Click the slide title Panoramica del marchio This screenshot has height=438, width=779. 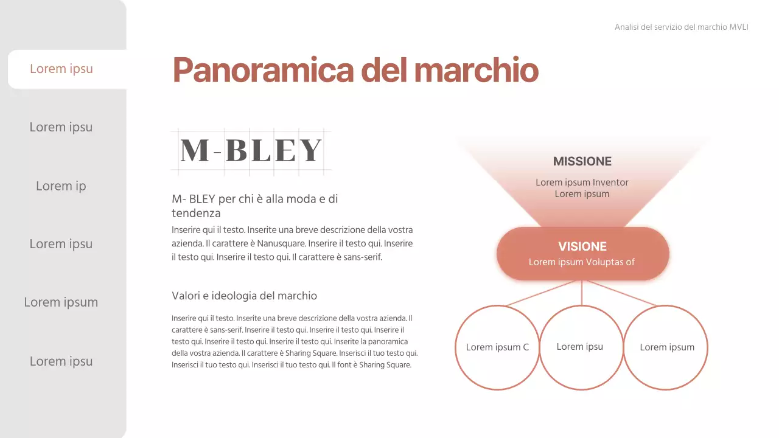[355, 70]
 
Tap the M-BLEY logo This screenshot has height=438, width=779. [251, 150]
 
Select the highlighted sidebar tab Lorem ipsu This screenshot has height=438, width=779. [61, 69]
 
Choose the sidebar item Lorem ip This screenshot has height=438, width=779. [61, 186]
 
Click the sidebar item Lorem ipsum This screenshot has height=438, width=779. [61, 302]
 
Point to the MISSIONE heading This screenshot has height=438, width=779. [582, 162]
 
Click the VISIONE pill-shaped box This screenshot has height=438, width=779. [582, 254]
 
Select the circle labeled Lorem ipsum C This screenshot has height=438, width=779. [497, 347]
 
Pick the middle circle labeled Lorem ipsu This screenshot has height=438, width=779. [581, 347]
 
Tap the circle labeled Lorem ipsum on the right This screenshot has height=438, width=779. [666, 347]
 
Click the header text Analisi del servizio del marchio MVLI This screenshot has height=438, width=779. [681, 27]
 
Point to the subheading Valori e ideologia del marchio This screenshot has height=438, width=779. [244, 296]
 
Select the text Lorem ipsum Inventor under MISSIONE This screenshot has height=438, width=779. [582, 182]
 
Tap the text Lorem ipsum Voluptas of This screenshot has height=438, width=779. [581, 262]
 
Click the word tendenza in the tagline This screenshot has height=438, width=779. [196, 214]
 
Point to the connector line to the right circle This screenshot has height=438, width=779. [621, 293]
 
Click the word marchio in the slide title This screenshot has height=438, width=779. [476, 70]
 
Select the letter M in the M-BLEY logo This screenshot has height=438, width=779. [195, 150]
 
